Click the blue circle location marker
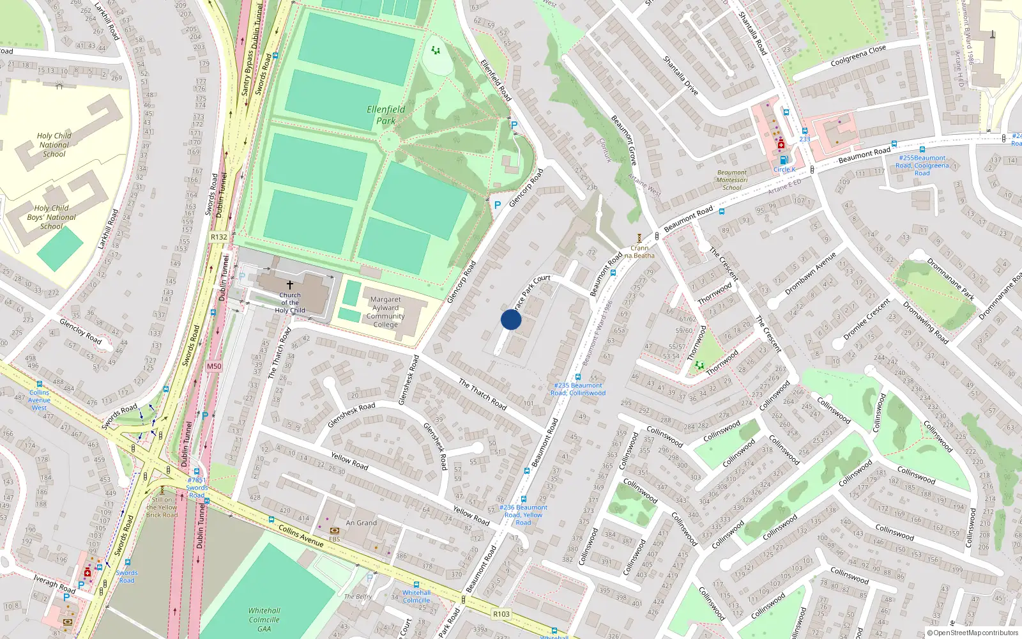(x=511, y=319)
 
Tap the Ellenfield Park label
(x=386, y=115)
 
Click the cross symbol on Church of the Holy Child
(x=289, y=284)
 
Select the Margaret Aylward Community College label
(x=385, y=312)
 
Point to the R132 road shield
(x=219, y=237)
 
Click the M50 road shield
(x=214, y=367)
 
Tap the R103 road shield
(x=501, y=614)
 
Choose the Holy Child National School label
(x=54, y=145)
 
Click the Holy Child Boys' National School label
(x=52, y=217)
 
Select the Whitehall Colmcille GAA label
(x=264, y=620)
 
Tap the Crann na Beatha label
(x=639, y=252)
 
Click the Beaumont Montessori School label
(x=732, y=180)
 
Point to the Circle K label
(x=784, y=169)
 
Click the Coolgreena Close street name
(x=858, y=56)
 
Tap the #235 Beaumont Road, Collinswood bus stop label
(x=578, y=389)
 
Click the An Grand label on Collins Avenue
(x=362, y=523)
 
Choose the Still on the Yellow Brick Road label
(x=162, y=507)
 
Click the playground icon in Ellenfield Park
(x=436, y=50)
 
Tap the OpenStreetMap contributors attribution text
(x=972, y=633)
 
